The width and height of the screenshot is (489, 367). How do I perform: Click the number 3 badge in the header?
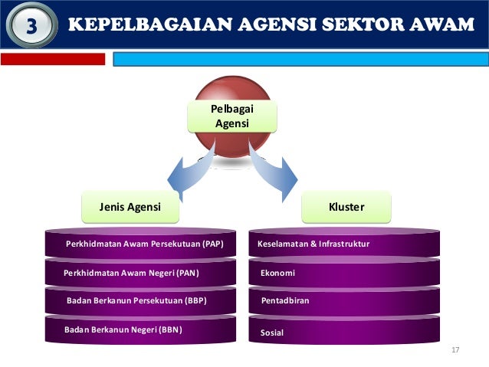(x=31, y=25)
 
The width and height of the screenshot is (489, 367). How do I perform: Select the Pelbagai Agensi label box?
(x=232, y=116)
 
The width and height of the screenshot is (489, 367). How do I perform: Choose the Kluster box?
(x=346, y=207)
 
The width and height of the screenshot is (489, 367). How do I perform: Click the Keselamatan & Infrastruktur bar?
(x=344, y=244)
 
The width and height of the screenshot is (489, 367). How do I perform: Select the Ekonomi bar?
(x=344, y=273)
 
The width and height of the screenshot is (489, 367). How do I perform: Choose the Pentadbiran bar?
(x=344, y=301)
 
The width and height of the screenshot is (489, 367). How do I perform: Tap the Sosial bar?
(x=344, y=333)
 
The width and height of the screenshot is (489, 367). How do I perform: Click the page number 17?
(x=455, y=350)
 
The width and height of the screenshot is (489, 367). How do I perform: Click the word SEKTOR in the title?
(x=359, y=25)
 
